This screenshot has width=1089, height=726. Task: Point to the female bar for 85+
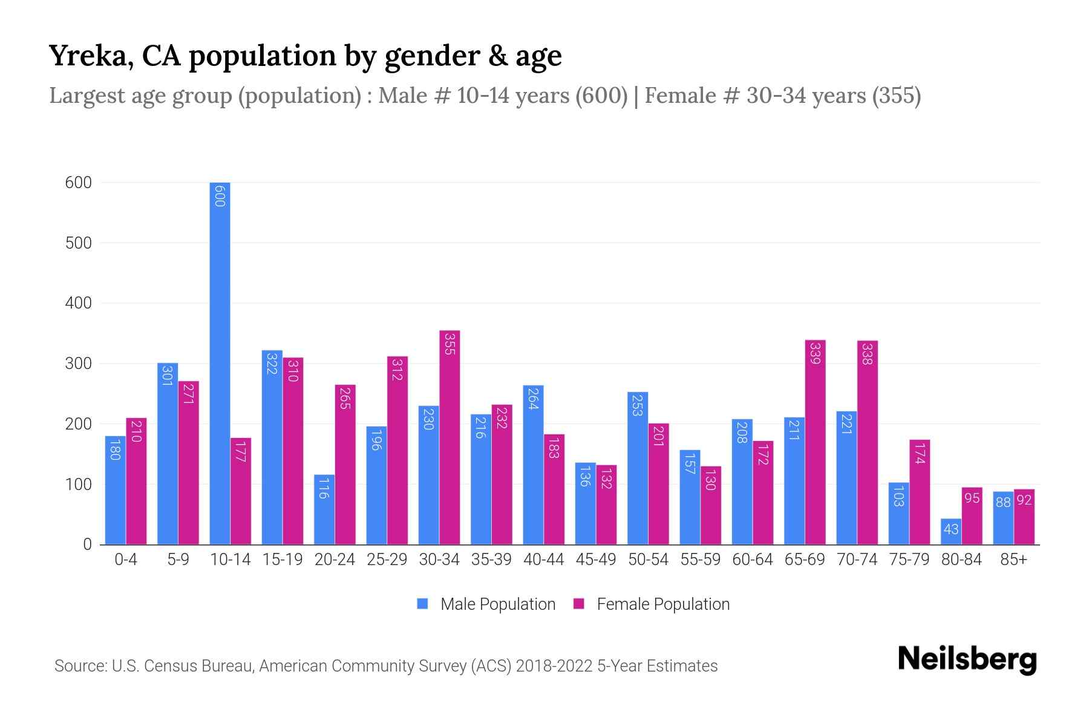(x=1024, y=518)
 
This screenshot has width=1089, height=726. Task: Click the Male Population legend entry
(x=486, y=604)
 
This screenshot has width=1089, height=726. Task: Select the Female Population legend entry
(x=652, y=604)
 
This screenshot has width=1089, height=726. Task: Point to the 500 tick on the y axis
(x=78, y=243)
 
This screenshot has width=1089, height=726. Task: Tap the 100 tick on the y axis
(x=78, y=485)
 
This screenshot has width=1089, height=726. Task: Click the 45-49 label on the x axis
(x=596, y=560)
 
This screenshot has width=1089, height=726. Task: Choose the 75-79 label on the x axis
(x=909, y=560)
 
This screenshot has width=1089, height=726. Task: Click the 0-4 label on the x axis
(x=126, y=560)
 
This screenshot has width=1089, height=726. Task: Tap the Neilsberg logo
(x=967, y=659)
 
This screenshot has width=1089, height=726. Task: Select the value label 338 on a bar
(x=867, y=354)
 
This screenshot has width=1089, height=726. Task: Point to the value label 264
(x=533, y=399)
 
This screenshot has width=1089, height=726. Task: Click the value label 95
(x=972, y=499)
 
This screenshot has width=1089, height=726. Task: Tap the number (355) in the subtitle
(x=896, y=96)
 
